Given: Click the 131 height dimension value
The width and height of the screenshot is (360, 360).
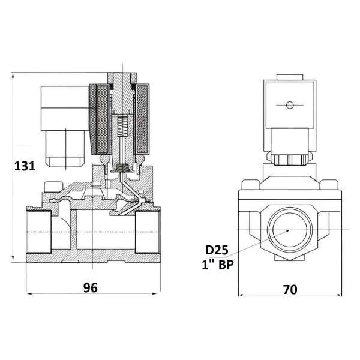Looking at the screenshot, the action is coord(25,166).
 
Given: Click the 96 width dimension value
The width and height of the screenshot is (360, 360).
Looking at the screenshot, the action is coord(91,288).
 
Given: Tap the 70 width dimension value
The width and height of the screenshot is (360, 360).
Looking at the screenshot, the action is coord(290,290).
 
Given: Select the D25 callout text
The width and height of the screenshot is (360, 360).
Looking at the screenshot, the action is coord(217,250).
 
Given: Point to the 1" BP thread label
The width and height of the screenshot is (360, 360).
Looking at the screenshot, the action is coord(218,265).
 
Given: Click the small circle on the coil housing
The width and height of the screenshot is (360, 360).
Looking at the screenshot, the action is coord(290,105).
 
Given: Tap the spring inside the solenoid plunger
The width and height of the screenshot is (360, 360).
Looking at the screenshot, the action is coord(122,126).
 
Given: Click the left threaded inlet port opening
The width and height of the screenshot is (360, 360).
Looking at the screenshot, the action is coord(39,232).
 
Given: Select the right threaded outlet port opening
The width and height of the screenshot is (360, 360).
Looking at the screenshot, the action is coord(147,232).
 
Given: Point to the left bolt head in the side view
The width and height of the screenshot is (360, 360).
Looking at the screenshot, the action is coord(251,185).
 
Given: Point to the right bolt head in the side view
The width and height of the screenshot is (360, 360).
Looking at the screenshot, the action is coord(329,185).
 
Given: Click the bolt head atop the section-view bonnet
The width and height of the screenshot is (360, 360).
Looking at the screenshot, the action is coord(53,187).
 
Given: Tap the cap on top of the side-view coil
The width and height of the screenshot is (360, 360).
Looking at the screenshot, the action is coord(290,77).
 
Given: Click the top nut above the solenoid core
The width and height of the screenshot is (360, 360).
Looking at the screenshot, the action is coord(122,78).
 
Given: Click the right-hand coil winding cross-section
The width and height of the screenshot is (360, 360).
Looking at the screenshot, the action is coord(142,119).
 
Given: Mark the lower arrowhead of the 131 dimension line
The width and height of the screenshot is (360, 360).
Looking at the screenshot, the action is coord(13,259).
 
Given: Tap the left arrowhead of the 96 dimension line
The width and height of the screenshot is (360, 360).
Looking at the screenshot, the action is coord(29,293).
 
